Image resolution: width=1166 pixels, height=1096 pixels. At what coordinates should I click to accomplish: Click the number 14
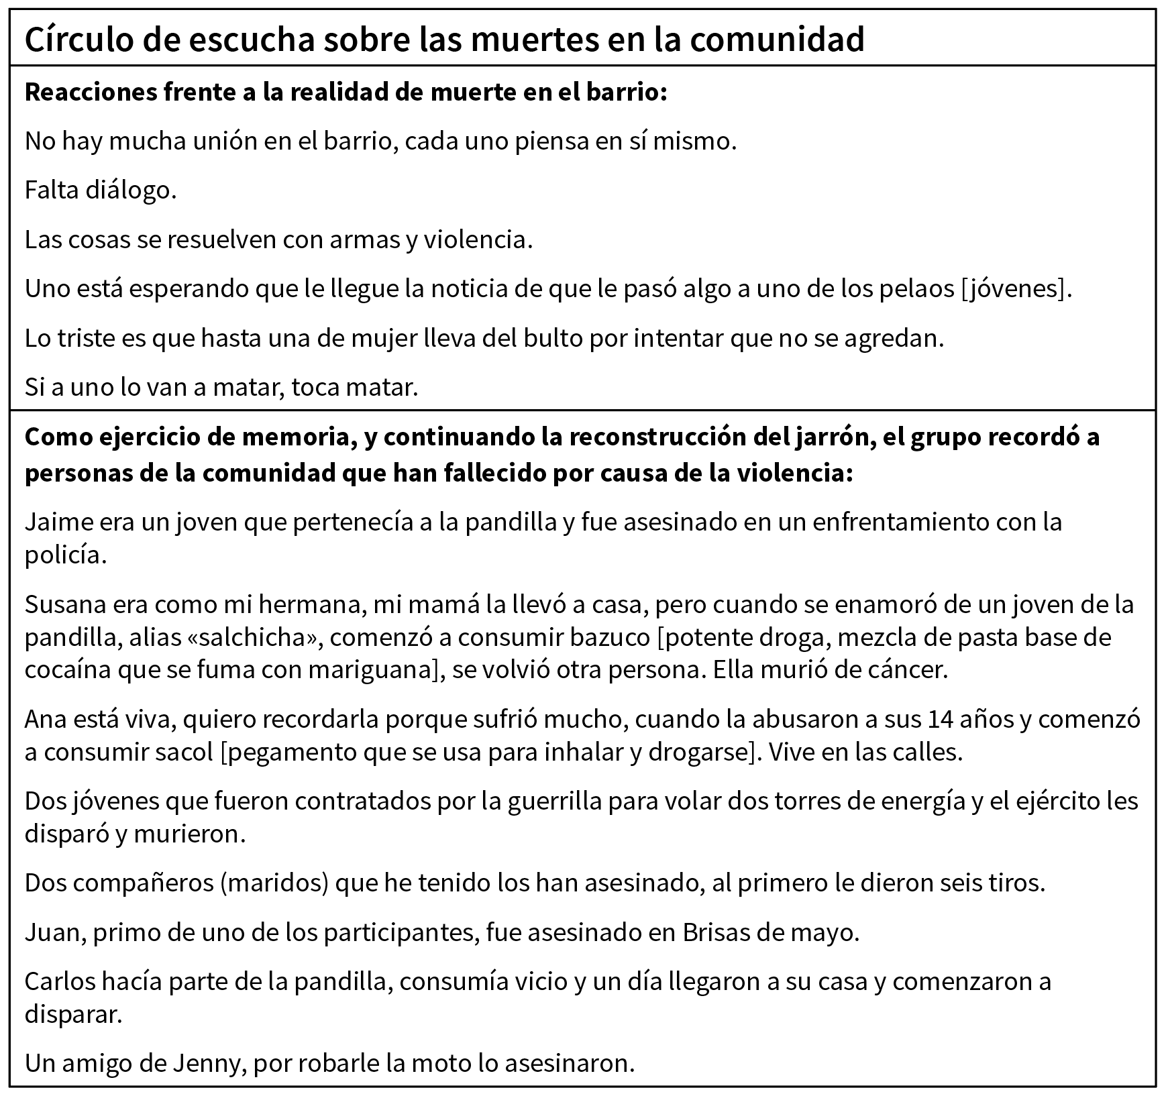(943, 719)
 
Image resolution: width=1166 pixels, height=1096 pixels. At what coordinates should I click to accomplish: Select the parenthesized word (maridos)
(274, 883)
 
